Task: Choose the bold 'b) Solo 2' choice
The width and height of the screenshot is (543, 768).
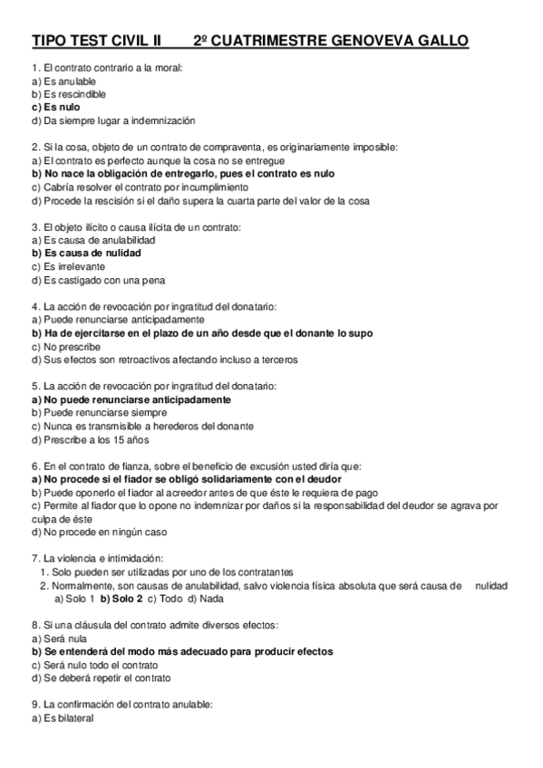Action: pos(121,598)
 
